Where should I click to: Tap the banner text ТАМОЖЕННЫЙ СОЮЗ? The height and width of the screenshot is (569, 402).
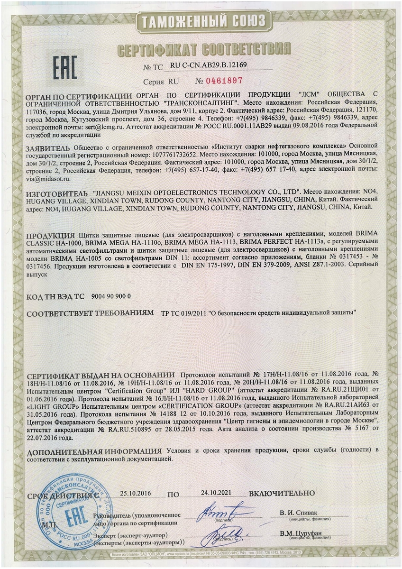201,22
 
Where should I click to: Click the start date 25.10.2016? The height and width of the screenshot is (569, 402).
135,494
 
